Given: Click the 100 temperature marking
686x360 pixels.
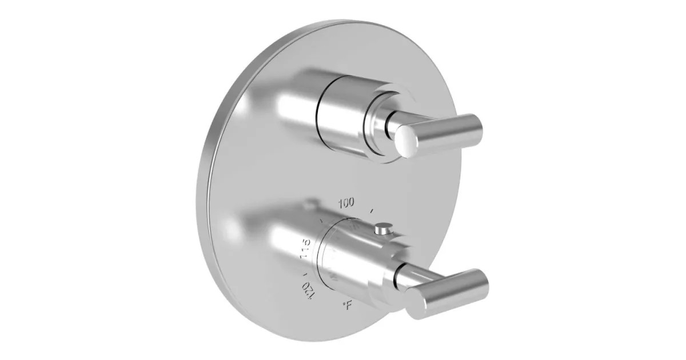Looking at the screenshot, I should [346, 202].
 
